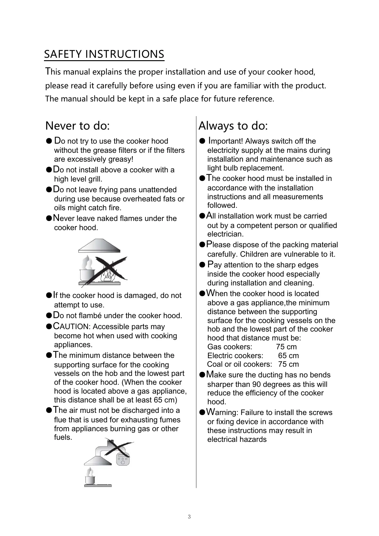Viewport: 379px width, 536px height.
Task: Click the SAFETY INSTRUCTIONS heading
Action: pyautogui.click(x=104, y=54)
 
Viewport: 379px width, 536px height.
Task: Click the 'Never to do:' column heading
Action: pyautogui.click(x=78, y=126)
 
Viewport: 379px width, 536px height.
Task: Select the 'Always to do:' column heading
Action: pyautogui.click(x=233, y=126)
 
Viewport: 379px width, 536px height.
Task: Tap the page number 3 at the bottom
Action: pyautogui.click(x=189, y=517)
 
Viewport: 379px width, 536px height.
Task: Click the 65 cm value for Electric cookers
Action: pyautogui.click(x=288, y=356)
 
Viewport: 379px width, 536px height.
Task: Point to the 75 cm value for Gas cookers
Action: pyautogui.click(x=286, y=347)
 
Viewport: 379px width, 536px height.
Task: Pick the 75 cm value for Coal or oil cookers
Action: pyautogui.click(x=288, y=364)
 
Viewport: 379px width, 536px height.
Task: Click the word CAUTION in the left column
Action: pyautogui.click(x=71, y=327)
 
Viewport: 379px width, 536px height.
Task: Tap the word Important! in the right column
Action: pyautogui.click(x=226, y=141)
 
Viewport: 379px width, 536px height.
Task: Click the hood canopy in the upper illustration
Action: pyautogui.click(x=99, y=246)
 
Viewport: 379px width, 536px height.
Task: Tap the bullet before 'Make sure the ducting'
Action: pyautogui.click(x=202, y=375)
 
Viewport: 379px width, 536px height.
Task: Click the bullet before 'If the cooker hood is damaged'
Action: pyautogui.click(x=49, y=296)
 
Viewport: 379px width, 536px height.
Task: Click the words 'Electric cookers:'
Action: pyautogui.click(x=235, y=356)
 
